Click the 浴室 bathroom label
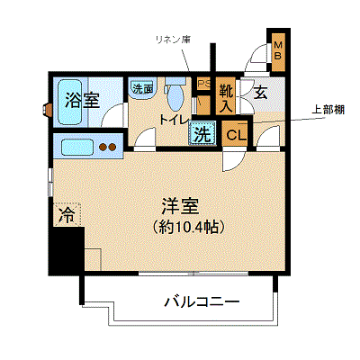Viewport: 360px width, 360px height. (x=82, y=100)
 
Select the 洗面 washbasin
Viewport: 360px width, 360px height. (x=142, y=87)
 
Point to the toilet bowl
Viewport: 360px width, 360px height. (x=175, y=95)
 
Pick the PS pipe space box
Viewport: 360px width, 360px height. (x=204, y=84)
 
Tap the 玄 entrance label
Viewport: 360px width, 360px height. (x=261, y=93)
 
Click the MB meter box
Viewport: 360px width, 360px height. (x=278, y=51)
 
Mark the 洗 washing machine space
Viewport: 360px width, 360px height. (x=202, y=133)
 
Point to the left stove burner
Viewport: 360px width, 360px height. (x=103, y=148)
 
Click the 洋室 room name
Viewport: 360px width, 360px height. (x=180, y=206)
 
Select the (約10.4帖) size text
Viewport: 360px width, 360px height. (x=188, y=228)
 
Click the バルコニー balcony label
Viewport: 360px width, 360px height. (x=202, y=301)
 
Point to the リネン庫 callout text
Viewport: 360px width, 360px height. (x=173, y=40)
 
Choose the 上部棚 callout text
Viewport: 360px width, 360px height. (x=328, y=110)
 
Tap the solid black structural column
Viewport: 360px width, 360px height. (x=67, y=249)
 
